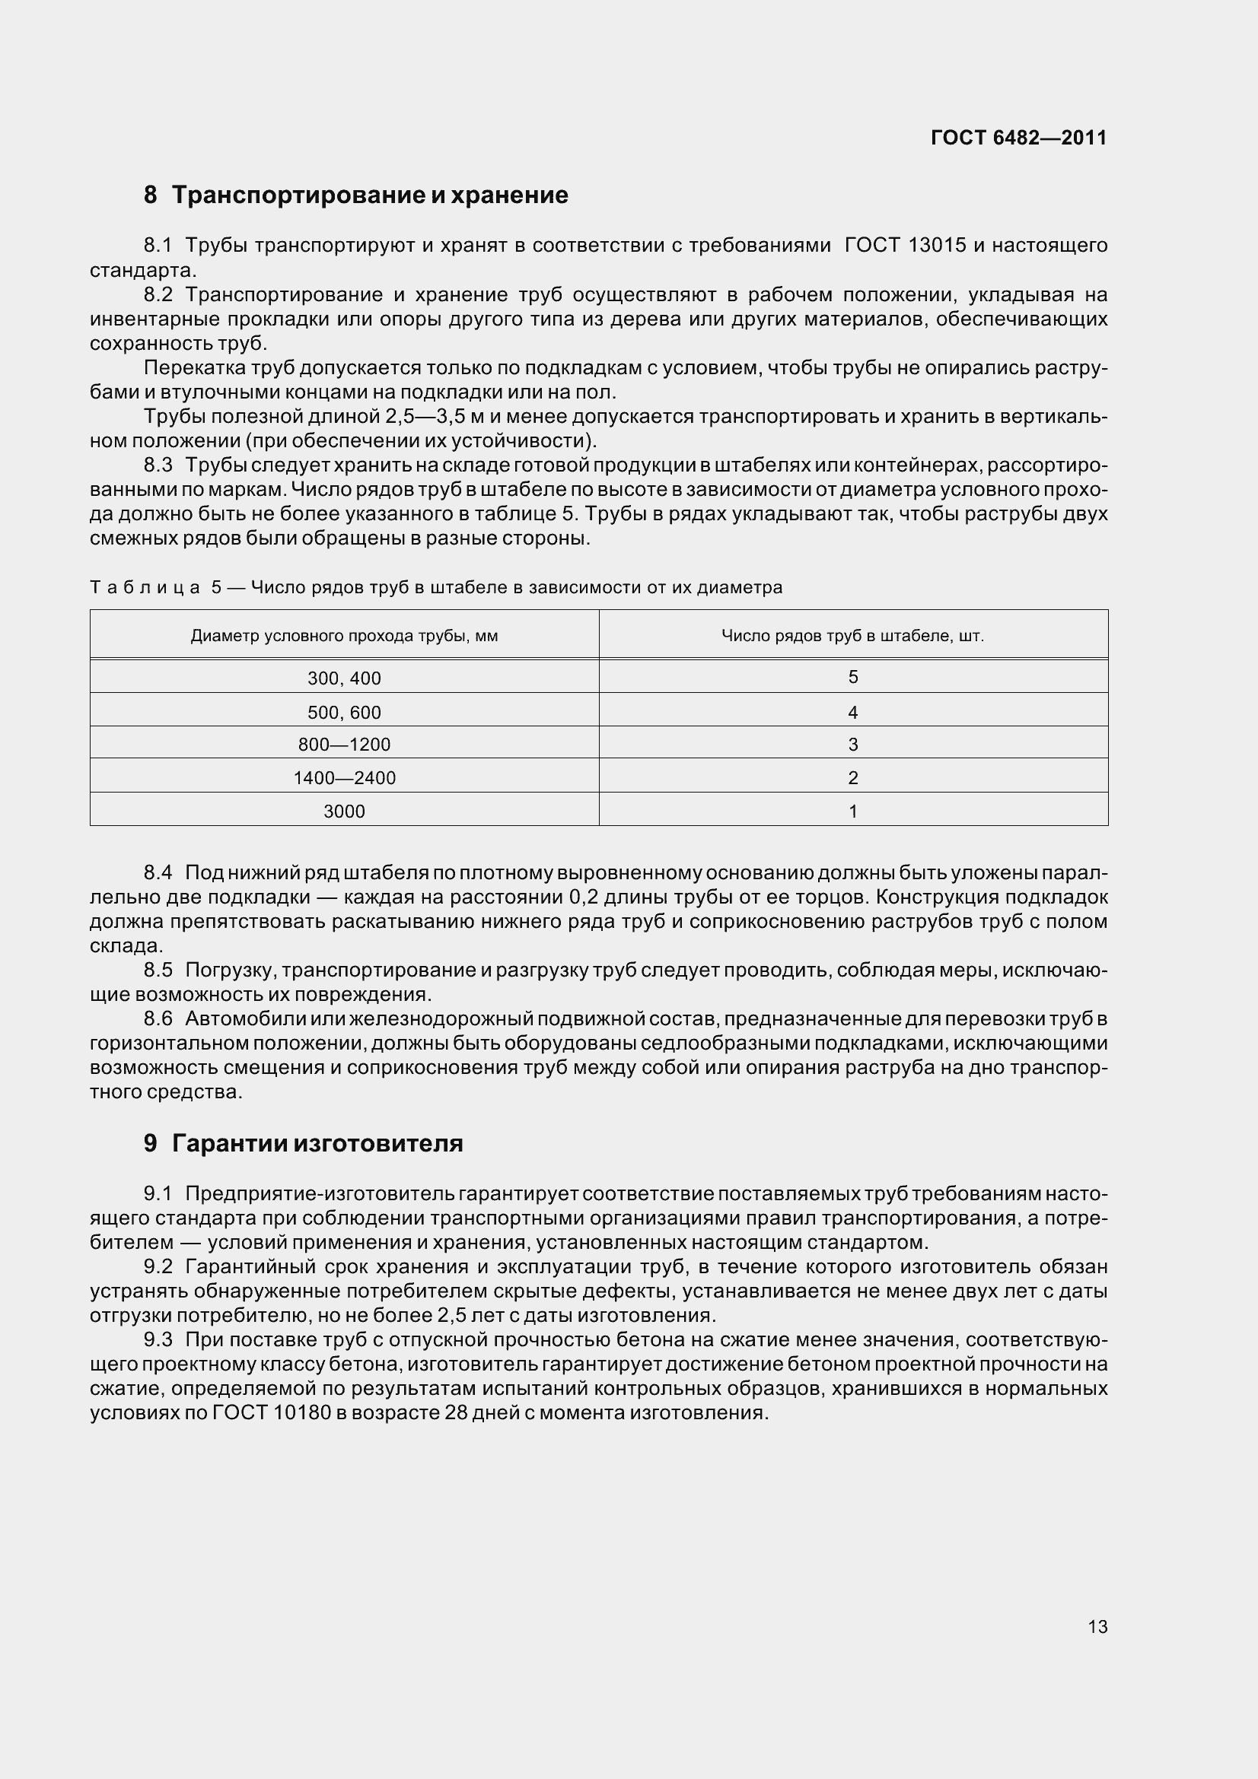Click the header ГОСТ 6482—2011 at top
[x=1018, y=138]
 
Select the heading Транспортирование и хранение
[x=370, y=195]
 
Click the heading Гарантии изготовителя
[x=317, y=1144]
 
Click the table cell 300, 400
[x=344, y=678]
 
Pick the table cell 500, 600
[x=344, y=713]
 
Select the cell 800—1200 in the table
[x=344, y=745]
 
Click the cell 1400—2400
[x=344, y=778]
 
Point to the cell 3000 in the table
[x=344, y=812]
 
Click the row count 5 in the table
[x=852, y=677]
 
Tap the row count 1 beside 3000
[x=852, y=812]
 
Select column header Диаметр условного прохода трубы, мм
[x=344, y=637]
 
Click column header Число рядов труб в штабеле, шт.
[x=852, y=637]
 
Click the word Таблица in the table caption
[x=145, y=588]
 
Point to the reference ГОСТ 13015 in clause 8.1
[x=906, y=246]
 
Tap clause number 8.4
[x=158, y=873]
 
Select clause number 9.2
[x=158, y=1267]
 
